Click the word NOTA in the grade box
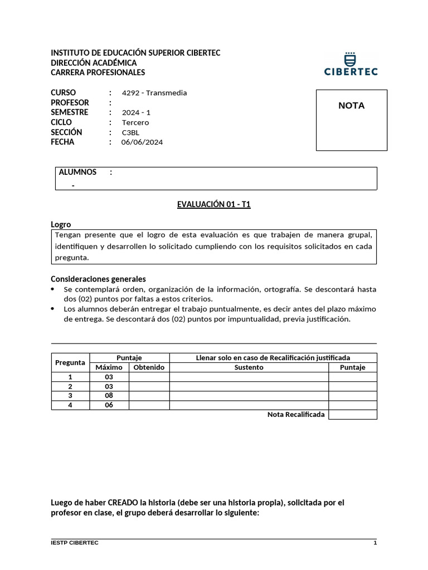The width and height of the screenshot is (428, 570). point(351,106)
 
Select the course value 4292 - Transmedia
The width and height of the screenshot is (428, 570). point(154,93)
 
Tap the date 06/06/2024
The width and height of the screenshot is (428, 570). point(142,142)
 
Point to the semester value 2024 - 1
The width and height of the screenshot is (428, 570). point(137,112)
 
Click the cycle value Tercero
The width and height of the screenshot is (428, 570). point(135,122)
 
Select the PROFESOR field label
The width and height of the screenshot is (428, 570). point(70,102)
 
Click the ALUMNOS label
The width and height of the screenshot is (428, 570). point(77,172)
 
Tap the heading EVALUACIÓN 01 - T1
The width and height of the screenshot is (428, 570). point(214,205)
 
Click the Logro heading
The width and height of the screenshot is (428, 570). point(61,224)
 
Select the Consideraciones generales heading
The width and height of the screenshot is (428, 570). point(98,279)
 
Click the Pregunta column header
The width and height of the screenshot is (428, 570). point(70,362)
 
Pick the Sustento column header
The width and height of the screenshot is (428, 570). point(249,367)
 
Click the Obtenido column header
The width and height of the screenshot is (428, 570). point(149,367)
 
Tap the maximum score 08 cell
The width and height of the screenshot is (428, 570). point(109,396)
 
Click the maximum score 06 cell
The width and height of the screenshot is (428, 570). point(109,405)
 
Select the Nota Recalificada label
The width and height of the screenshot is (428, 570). point(295,415)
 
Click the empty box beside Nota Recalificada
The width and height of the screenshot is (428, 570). point(352,415)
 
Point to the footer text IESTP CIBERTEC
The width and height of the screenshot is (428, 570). point(75,543)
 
